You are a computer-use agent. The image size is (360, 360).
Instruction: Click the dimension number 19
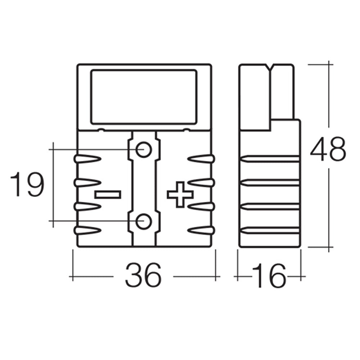click(27, 185)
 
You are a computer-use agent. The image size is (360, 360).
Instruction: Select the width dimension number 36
click(143, 275)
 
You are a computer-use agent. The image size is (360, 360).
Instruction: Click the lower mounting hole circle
click(144, 221)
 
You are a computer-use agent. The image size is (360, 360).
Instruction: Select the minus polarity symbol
click(108, 195)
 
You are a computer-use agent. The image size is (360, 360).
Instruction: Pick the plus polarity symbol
click(180, 195)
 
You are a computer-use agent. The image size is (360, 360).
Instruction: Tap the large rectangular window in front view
click(144, 96)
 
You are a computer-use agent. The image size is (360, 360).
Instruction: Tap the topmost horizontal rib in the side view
click(270, 159)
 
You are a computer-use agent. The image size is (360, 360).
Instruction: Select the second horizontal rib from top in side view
click(270, 183)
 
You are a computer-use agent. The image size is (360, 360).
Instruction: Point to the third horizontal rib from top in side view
click(270, 206)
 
